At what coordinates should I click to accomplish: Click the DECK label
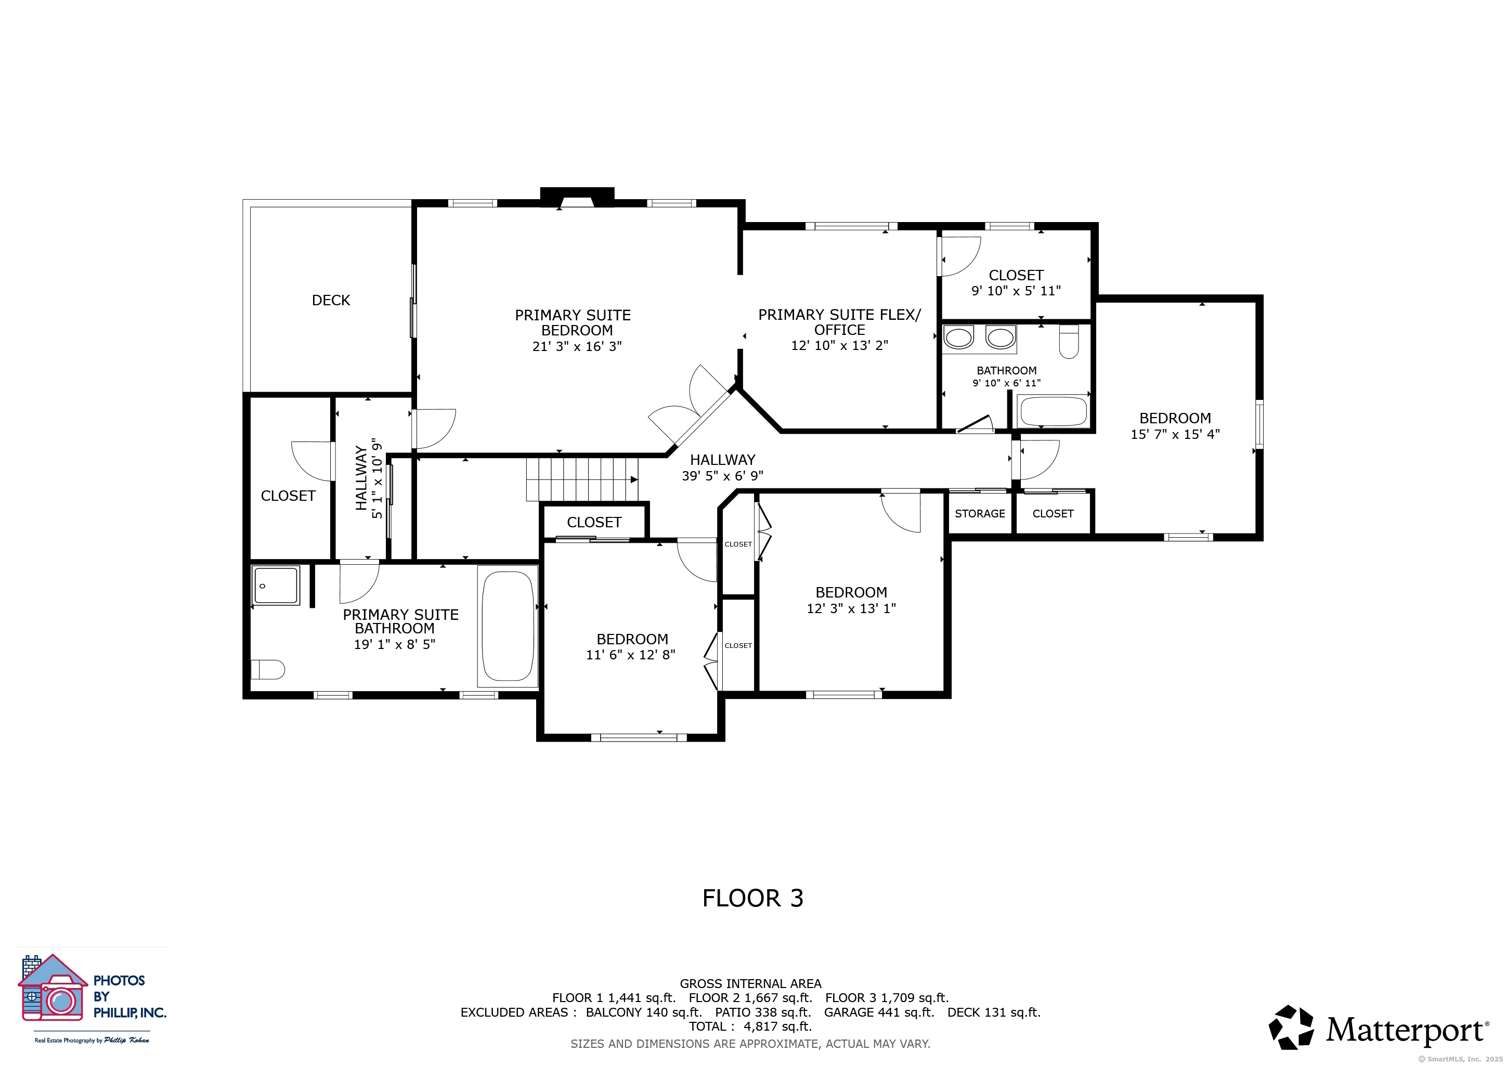click(331, 301)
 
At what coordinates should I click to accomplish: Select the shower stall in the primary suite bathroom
click(276, 586)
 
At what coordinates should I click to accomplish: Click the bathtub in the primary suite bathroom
click(508, 626)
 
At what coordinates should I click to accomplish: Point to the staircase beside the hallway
click(582, 479)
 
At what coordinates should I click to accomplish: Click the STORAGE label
click(980, 513)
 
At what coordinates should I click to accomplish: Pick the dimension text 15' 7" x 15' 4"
click(1175, 434)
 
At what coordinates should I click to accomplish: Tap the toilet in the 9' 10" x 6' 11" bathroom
click(1069, 342)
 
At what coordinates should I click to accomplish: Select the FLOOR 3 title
click(753, 899)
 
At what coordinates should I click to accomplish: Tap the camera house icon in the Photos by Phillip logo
click(53, 988)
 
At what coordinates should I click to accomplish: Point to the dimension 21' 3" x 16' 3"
click(577, 346)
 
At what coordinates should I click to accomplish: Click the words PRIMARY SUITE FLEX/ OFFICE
click(839, 322)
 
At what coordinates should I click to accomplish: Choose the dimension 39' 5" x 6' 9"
click(723, 476)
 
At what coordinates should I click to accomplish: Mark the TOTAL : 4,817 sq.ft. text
click(750, 1027)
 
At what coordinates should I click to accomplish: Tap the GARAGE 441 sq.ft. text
click(879, 1012)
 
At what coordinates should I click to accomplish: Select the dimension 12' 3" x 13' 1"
click(851, 608)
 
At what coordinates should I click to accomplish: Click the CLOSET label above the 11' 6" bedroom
click(594, 522)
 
